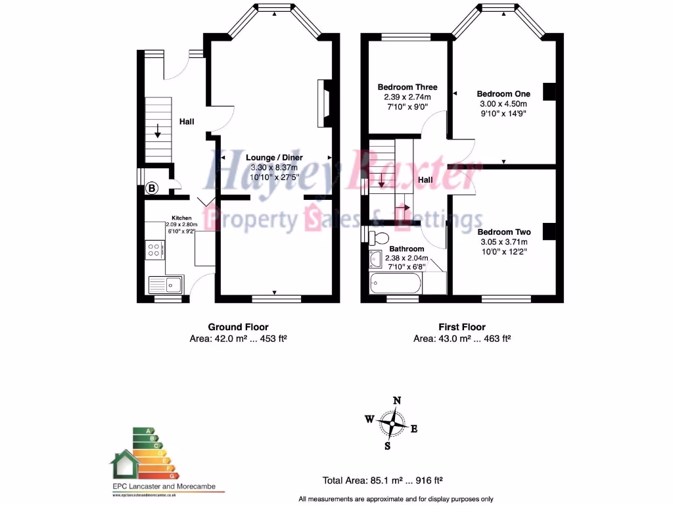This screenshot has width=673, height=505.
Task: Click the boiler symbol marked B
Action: (x=152, y=189)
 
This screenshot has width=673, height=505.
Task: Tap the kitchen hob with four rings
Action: (x=154, y=250)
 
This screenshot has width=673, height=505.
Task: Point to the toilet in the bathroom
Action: (x=378, y=237)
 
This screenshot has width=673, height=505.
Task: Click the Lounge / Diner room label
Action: (x=274, y=158)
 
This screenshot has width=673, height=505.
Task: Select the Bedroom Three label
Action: (x=407, y=87)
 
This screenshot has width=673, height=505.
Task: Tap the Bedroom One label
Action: (x=503, y=93)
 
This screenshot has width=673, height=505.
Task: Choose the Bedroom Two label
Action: (x=503, y=232)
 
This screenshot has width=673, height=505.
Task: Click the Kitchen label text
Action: (x=181, y=217)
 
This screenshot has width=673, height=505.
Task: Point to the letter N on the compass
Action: (x=396, y=400)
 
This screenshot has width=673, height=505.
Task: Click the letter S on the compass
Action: (x=388, y=446)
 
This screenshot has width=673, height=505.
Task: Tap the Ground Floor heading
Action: (x=238, y=327)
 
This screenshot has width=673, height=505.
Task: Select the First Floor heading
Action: (x=462, y=327)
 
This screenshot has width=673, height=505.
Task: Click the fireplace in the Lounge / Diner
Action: (x=323, y=103)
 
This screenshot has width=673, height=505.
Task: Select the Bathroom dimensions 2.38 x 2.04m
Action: (x=406, y=258)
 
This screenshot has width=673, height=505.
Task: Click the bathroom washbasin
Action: (x=375, y=260)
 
